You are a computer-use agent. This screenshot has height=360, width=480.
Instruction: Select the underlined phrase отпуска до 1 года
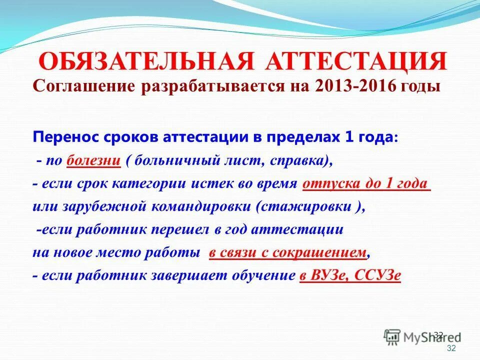coord(366,183)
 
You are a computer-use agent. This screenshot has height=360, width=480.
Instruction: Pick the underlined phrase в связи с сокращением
coord(288,252)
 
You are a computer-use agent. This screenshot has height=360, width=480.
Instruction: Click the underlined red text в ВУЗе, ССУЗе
coord(350,275)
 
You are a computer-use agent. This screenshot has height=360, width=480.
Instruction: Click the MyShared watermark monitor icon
coord(393,336)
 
